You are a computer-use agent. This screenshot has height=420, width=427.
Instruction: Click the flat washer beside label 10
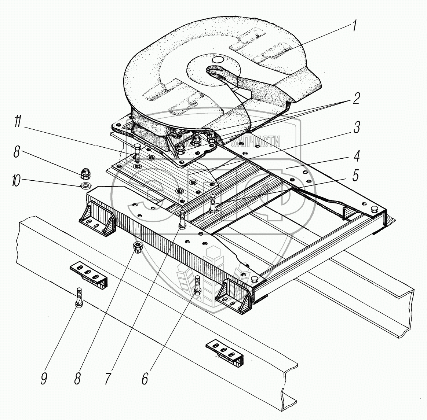click(86, 183)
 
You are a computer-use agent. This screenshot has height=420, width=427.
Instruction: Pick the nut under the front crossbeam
click(138, 248)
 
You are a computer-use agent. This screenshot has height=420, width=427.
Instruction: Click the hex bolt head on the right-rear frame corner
click(374, 209)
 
